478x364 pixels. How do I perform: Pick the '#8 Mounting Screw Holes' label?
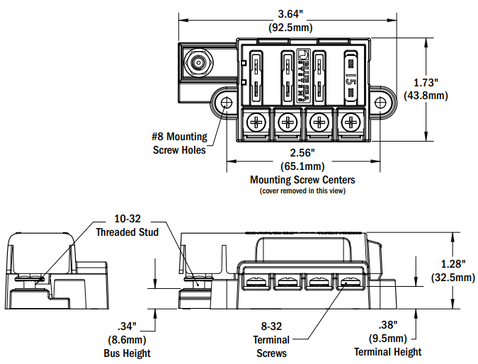click(x=180, y=143)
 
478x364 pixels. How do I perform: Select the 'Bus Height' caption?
click(x=127, y=353)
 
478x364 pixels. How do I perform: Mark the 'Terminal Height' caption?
click(x=387, y=352)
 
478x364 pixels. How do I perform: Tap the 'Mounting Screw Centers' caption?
click(x=302, y=180)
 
